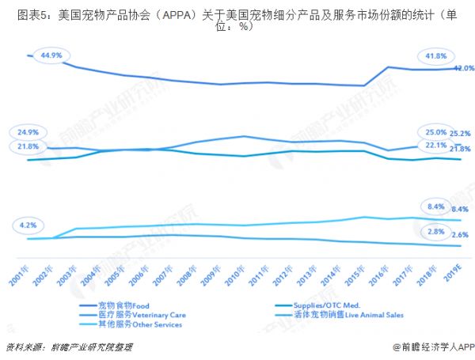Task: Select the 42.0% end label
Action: tap(463, 68)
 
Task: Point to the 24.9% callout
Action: tap(26, 131)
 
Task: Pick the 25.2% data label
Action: tap(461, 133)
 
